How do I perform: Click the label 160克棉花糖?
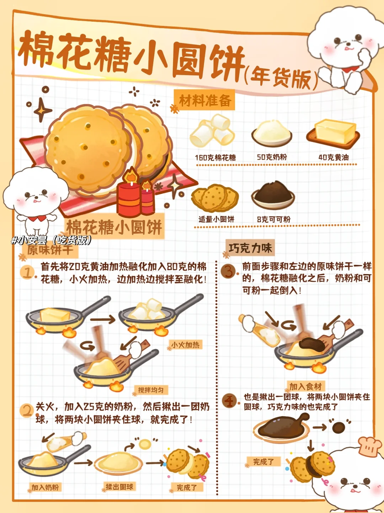click(x=215, y=158)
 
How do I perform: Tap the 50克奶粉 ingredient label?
click(x=272, y=157)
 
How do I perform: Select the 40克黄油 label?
click(x=334, y=157)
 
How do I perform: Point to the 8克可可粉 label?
click(x=274, y=219)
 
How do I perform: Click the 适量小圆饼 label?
click(x=217, y=219)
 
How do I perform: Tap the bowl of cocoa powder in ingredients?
click(x=273, y=195)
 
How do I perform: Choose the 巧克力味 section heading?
click(x=250, y=248)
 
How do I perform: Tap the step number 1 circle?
click(x=28, y=273)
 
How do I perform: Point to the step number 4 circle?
click(x=229, y=401)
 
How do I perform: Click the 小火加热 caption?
click(x=185, y=345)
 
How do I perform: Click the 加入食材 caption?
click(x=306, y=387)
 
